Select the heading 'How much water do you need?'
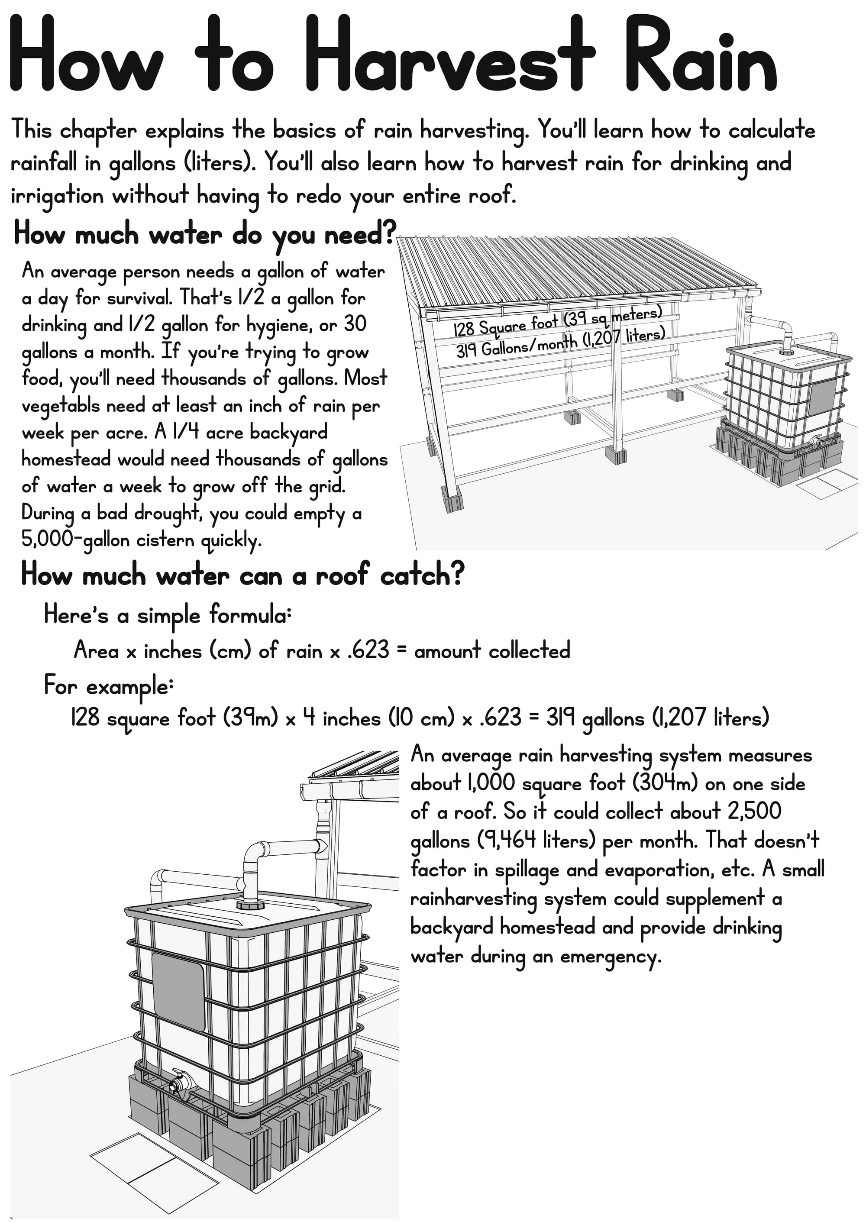(x=205, y=235)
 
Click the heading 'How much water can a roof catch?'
(x=242, y=576)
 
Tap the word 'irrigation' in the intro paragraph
(x=57, y=197)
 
